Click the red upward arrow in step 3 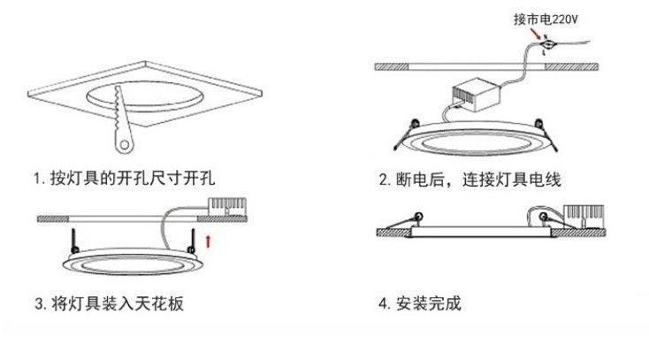pos(208,240)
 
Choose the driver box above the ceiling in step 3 pos(227,207)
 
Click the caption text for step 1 pos(125,180)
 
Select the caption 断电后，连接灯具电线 pos(470,180)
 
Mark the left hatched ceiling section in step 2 pos(402,67)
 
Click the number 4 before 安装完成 pos(383,304)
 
